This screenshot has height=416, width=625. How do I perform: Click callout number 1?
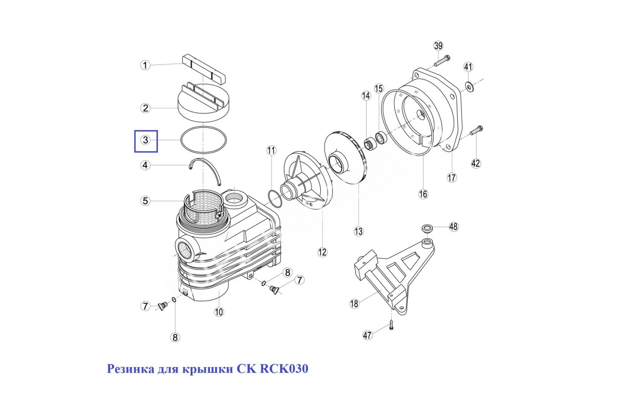coord(145,66)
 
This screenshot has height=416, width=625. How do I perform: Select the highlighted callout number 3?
coord(146,140)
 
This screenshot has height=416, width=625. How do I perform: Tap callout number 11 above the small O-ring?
coord(271,150)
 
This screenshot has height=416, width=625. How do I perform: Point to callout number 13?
coord(358,231)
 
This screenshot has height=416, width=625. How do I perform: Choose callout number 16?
coord(423,194)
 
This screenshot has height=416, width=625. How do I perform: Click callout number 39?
coord(439,46)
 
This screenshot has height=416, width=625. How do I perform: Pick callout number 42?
coord(476,163)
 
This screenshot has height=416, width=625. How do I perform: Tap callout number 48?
coord(454,227)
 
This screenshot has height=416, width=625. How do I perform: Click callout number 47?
coord(368,335)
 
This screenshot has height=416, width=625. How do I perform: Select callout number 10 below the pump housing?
coord(219,312)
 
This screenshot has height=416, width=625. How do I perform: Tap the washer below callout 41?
coord(468,86)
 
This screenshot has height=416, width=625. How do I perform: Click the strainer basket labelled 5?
coord(203,207)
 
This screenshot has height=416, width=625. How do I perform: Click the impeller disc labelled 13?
coord(345,158)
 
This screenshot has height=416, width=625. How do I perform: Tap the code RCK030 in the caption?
coord(284,369)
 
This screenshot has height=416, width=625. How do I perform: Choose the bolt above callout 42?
coord(477,131)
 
